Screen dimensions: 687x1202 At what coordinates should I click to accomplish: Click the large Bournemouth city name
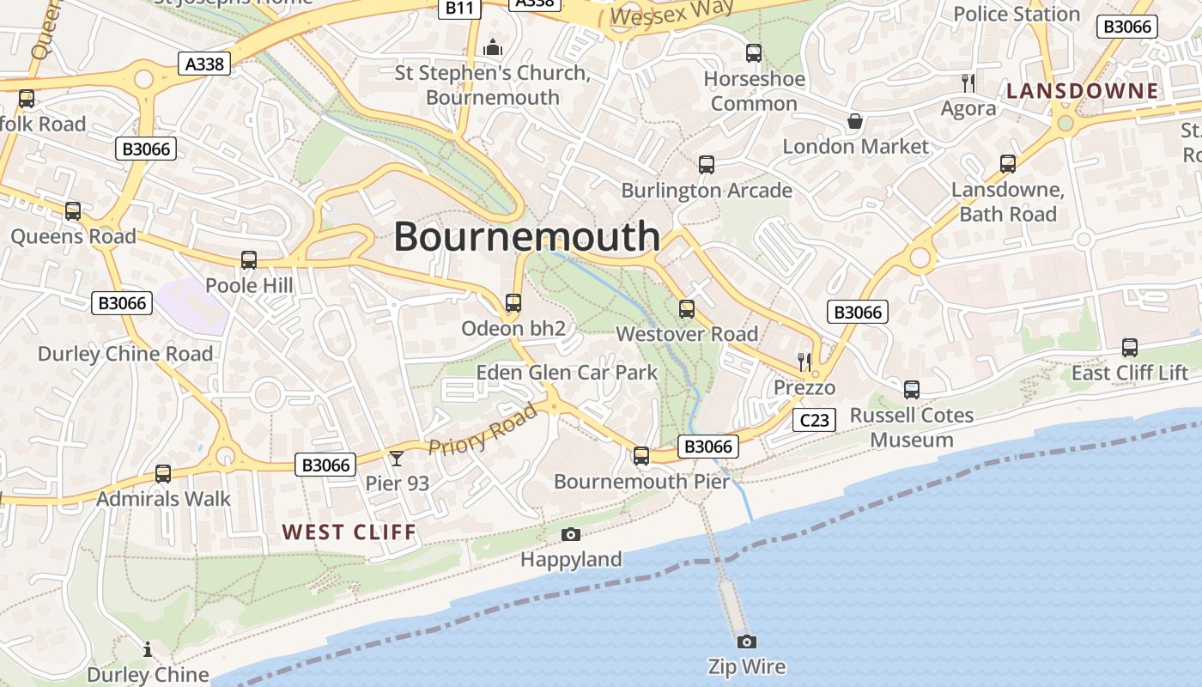click(526, 236)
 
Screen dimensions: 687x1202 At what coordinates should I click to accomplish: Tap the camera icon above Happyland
click(570, 535)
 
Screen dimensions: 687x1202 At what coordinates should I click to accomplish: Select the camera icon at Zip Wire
click(746, 641)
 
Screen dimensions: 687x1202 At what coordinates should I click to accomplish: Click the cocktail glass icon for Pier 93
click(396, 458)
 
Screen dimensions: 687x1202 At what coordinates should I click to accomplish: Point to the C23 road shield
click(813, 420)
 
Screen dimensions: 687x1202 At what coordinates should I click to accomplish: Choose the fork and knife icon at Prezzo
click(804, 362)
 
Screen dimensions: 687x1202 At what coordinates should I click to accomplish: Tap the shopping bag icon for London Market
click(854, 121)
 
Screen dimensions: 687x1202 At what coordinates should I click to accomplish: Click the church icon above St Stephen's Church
click(492, 47)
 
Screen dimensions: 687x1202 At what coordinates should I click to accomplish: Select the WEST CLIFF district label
click(349, 532)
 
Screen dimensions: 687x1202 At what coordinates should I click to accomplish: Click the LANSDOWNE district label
click(1082, 91)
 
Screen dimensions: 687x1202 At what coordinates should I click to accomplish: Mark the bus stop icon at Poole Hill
click(249, 259)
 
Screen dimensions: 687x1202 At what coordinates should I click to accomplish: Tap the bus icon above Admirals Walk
click(162, 473)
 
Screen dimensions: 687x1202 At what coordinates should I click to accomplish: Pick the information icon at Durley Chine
click(148, 648)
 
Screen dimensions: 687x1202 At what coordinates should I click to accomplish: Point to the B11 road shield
click(460, 8)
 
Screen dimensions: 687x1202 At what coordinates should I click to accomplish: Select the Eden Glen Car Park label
click(567, 373)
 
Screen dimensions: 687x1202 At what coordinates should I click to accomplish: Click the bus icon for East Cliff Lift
click(1129, 348)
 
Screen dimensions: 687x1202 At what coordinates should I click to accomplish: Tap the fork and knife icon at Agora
click(968, 82)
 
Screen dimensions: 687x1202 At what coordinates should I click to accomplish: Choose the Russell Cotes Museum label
click(911, 428)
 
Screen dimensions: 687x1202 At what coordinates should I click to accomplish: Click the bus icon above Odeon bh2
click(513, 302)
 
